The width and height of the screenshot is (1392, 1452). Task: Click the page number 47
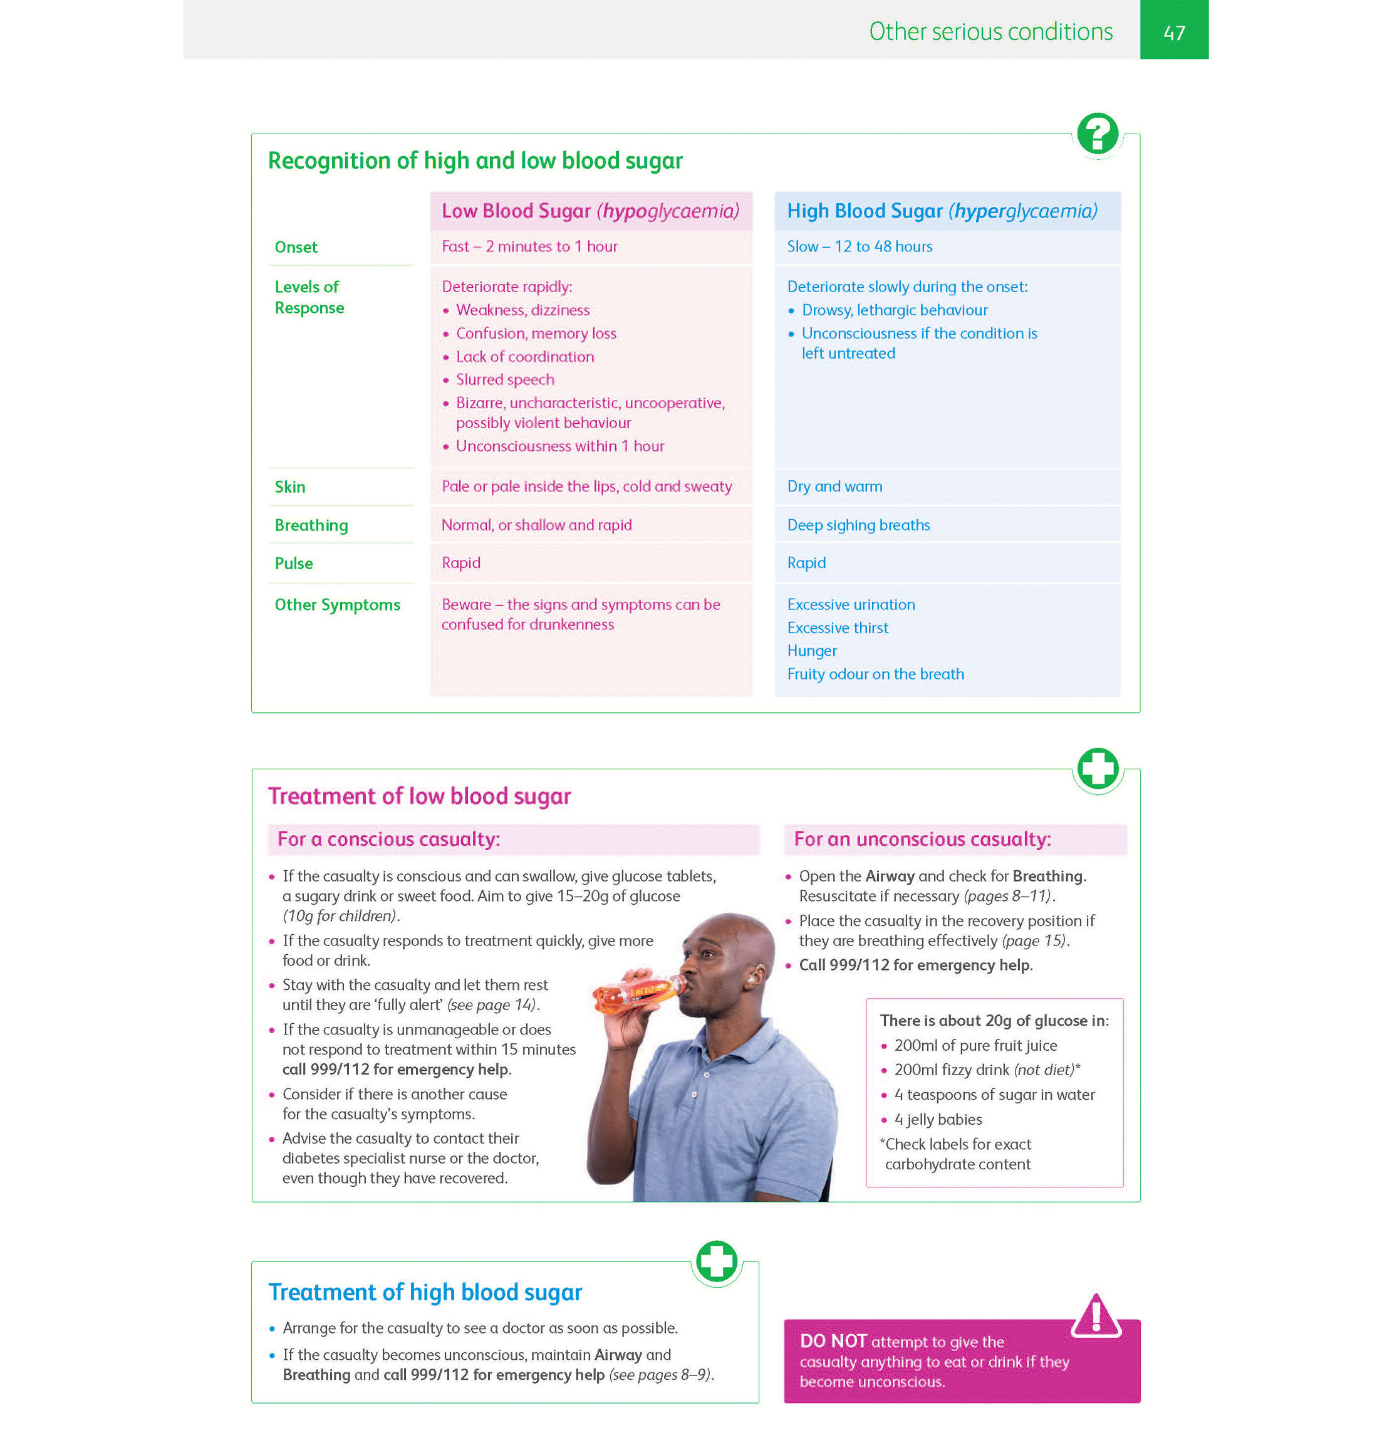(x=1173, y=32)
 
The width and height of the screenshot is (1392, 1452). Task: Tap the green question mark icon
(x=1098, y=134)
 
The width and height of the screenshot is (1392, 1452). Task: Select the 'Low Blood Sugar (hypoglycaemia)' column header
(x=590, y=211)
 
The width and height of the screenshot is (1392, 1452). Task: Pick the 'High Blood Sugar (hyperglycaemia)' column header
(x=941, y=211)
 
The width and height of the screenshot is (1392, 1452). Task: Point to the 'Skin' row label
(x=289, y=487)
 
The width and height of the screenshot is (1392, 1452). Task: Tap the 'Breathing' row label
(x=311, y=525)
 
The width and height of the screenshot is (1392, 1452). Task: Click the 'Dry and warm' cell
(x=834, y=487)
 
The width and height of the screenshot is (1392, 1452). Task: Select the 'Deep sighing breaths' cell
(x=858, y=525)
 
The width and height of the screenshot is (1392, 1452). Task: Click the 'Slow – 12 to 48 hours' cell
(x=859, y=246)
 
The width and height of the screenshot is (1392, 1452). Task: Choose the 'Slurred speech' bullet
(x=505, y=380)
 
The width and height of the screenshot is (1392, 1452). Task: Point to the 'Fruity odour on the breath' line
(x=875, y=674)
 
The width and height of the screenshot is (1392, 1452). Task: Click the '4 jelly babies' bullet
(x=937, y=1119)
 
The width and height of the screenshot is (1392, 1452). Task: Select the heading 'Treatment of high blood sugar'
(x=425, y=1292)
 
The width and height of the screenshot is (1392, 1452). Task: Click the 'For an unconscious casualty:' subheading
(x=922, y=839)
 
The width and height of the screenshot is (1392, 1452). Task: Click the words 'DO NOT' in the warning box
(x=833, y=1341)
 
